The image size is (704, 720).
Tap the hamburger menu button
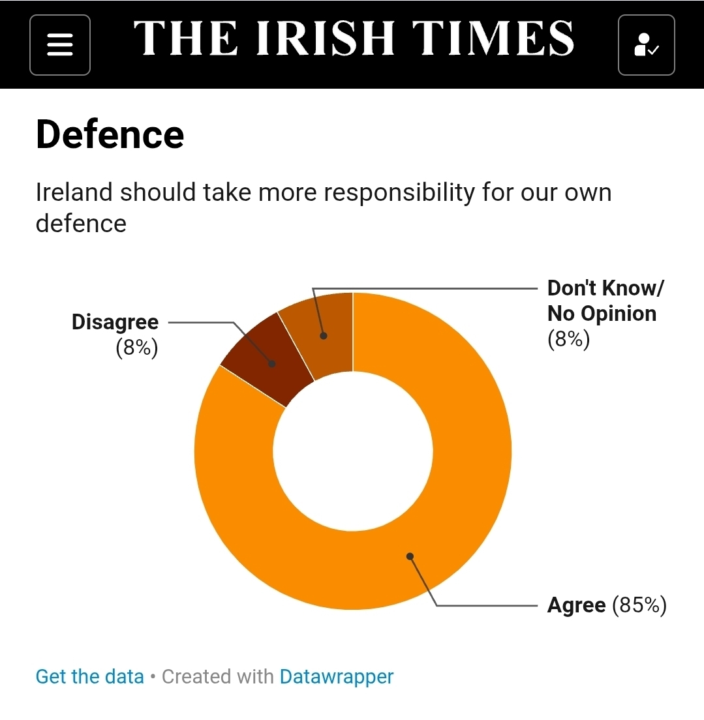point(59,44)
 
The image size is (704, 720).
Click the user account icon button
point(646,44)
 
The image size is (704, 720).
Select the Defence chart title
point(110,134)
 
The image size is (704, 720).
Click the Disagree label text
point(115,322)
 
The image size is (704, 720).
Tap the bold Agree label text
point(576,605)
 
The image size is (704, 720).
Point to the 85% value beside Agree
point(639,605)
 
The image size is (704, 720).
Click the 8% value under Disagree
point(136,348)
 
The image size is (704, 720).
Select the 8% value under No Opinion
point(568,339)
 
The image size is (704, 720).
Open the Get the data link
point(89,676)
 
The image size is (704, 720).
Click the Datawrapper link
point(337,676)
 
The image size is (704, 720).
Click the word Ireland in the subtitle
point(74,193)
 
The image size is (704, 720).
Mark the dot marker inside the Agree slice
point(410,556)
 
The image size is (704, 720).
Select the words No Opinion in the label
point(602,314)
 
